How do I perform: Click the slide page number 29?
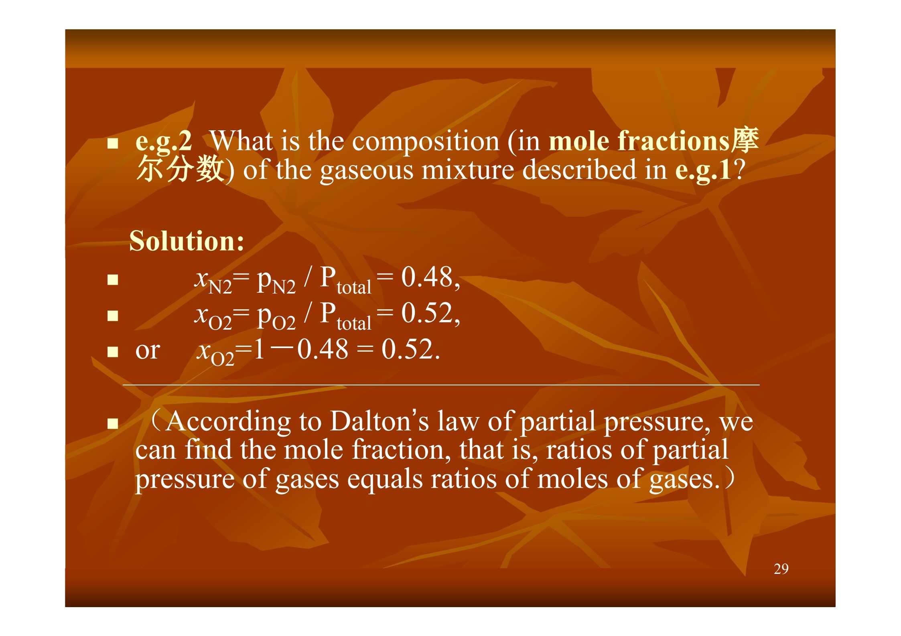tap(781, 569)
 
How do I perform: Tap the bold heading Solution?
tap(187, 241)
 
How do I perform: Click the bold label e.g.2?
tap(164, 142)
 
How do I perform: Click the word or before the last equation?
tap(148, 351)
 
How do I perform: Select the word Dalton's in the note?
tap(379, 421)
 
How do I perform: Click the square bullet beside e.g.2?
tap(113, 144)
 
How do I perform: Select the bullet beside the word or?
tap(113, 352)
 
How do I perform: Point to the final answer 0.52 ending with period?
tap(411, 349)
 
